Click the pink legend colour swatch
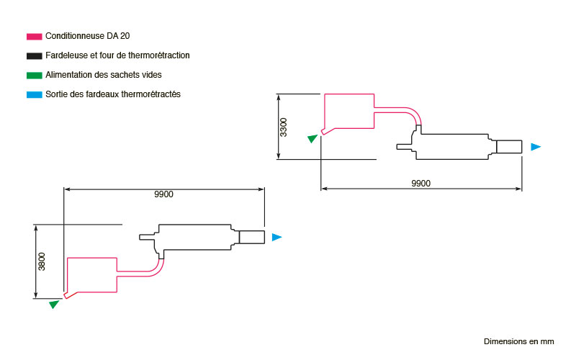click(x=34, y=37)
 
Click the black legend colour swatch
click(x=34, y=56)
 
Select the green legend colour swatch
click(x=34, y=76)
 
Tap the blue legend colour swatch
click(x=34, y=95)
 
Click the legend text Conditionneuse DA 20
click(x=87, y=36)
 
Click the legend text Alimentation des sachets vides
click(x=104, y=75)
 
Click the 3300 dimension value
click(x=283, y=127)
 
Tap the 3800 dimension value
click(x=42, y=261)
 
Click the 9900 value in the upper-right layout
click(x=421, y=184)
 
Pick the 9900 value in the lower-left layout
click(x=164, y=194)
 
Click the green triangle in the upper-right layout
click(x=312, y=138)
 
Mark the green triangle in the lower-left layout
click(x=55, y=304)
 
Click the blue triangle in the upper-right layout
click(x=536, y=147)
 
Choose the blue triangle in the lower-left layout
click(x=276, y=238)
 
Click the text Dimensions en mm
click(x=518, y=341)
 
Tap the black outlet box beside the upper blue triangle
click(x=509, y=147)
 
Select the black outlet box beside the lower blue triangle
click(x=251, y=237)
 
